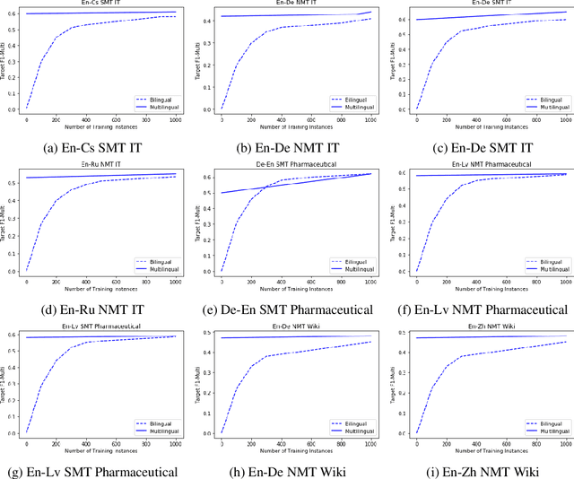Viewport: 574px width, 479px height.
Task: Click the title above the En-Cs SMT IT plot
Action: point(101,4)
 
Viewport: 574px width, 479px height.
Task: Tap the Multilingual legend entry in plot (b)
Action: point(352,105)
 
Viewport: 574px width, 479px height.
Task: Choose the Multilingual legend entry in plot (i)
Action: point(547,430)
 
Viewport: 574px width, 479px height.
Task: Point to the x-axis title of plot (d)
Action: point(101,286)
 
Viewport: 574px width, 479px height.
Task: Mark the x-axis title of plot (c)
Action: point(491,125)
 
